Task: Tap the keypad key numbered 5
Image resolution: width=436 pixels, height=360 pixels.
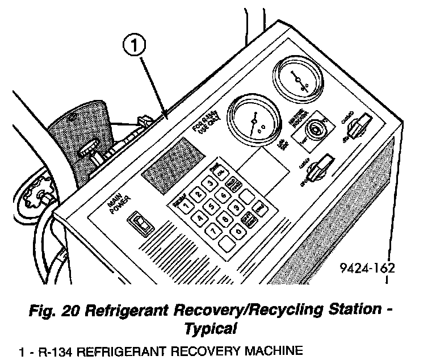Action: [x=212, y=206]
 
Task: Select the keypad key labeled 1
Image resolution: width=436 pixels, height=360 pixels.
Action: [x=186, y=206]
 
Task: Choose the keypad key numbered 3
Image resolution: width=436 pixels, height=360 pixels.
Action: [x=210, y=183]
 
